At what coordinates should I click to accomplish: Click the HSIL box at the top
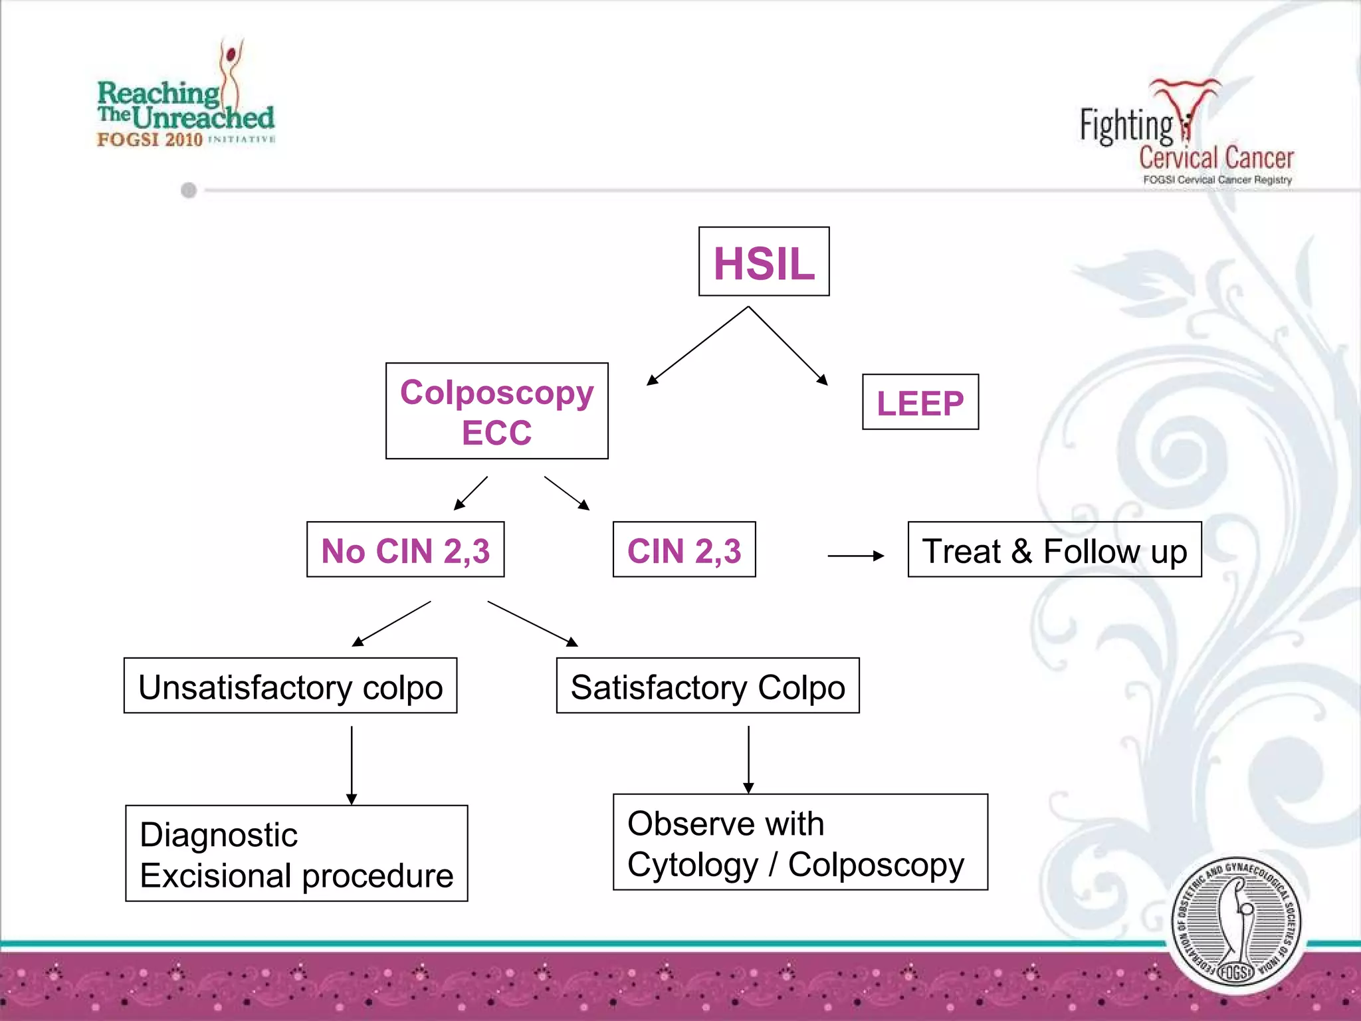(764, 262)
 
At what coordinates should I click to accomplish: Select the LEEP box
(920, 402)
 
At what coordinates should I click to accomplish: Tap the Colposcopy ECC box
(496, 411)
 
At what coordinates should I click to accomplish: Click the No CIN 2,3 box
(405, 550)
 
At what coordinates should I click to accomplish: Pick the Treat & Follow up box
(1054, 550)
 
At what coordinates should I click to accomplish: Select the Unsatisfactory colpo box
(290, 686)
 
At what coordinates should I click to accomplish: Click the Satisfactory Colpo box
(707, 686)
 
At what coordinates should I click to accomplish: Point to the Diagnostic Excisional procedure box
(296, 853)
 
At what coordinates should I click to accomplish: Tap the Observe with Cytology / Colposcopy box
(799, 842)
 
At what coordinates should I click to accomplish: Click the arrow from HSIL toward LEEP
(788, 346)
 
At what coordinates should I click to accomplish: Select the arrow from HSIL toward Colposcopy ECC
(698, 346)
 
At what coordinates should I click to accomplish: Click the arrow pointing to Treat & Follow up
(855, 556)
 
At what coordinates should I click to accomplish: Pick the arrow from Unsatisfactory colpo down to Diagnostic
(352, 764)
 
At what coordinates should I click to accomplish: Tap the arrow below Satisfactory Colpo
(748, 759)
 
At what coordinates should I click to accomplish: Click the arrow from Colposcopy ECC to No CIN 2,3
(471, 493)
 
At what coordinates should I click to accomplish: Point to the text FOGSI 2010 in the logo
(150, 140)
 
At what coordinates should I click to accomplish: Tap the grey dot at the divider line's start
(189, 191)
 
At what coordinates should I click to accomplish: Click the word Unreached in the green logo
(203, 118)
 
